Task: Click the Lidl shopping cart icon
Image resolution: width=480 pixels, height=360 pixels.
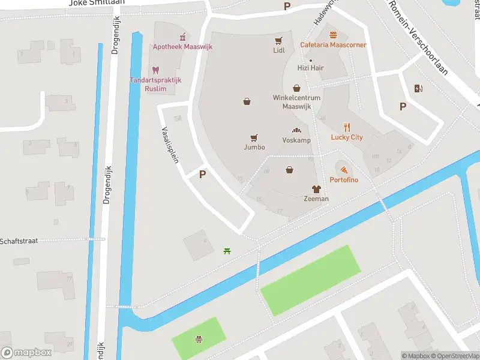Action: click(x=278, y=41)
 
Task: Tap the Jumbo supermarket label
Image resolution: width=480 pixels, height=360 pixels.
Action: click(x=254, y=147)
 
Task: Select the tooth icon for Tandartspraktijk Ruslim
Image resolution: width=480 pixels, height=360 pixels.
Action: click(x=155, y=70)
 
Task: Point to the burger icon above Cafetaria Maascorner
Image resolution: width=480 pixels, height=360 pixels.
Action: click(x=333, y=34)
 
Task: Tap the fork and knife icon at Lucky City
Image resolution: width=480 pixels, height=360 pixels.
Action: click(x=347, y=127)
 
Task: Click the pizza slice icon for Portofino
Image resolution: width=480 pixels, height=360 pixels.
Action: click(x=343, y=170)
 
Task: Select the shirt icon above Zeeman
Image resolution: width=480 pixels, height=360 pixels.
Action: click(x=316, y=189)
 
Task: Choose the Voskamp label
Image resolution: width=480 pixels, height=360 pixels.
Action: click(x=296, y=140)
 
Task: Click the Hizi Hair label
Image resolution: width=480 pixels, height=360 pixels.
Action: click(x=310, y=68)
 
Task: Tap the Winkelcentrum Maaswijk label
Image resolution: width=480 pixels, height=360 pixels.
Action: click(x=296, y=102)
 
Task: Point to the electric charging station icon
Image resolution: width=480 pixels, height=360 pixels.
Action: click(x=418, y=89)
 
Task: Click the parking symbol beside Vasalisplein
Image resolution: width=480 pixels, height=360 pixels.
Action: click(x=203, y=175)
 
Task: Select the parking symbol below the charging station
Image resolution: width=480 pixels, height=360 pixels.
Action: click(x=403, y=107)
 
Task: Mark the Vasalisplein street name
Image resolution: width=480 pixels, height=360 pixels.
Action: click(x=170, y=145)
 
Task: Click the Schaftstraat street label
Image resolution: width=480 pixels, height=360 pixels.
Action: click(x=19, y=241)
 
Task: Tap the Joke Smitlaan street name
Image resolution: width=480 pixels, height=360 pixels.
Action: click(x=97, y=3)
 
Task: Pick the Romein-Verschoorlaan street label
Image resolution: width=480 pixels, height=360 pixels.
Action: click(x=418, y=36)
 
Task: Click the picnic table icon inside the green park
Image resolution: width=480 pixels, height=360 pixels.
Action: click(x=198, y=340)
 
